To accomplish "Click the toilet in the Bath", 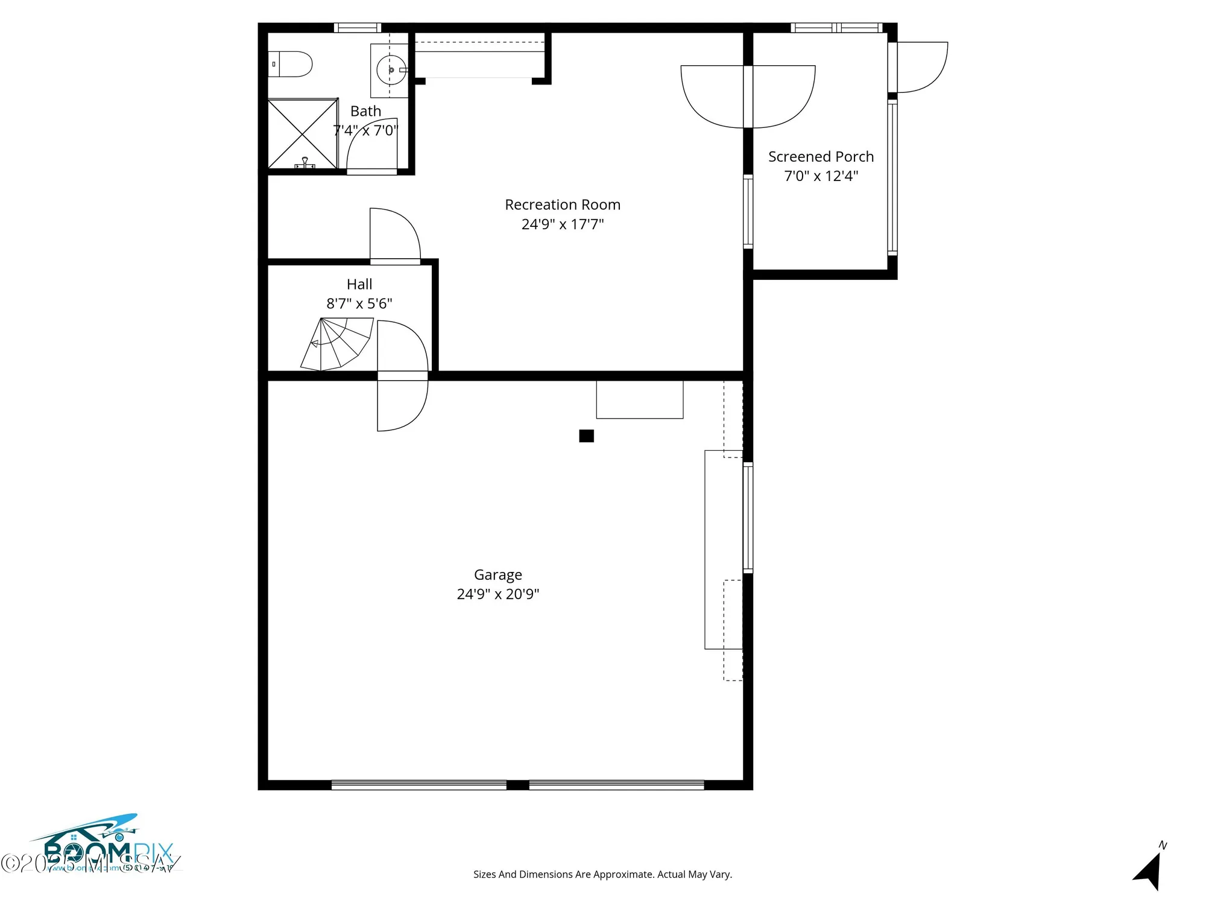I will click(291, 64).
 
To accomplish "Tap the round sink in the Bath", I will click(391, 70).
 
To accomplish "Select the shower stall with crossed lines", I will click(302, 134).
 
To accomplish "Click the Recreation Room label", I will click(562, 205).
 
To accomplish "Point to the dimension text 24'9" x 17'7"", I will click(562, 224).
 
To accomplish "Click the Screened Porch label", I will click(821, 157).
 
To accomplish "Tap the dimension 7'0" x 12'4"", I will click(821, 176).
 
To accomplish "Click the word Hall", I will click(359, 284).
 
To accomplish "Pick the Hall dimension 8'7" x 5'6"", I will click(359, 303).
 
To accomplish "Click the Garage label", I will click(497, 575).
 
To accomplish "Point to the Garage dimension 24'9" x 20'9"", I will click(497, 594).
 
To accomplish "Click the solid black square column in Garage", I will click(586, 436).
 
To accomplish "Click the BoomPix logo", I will click(103, 848).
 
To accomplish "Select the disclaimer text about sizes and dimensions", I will click(602, 874).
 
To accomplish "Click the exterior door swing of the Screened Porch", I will click(920, 66).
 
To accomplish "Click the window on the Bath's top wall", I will click(358, 27).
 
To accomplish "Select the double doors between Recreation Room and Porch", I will click(748, 97).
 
